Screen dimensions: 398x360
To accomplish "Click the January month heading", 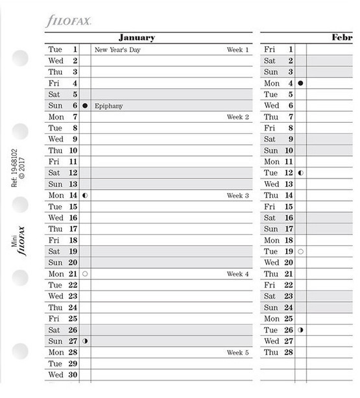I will point(137,38).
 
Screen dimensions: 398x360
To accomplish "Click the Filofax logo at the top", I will point(68,21).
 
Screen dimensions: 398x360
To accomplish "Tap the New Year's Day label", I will point(117,50).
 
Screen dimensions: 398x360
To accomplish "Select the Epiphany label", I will point(108,106).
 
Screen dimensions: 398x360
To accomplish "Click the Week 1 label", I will point(237,50).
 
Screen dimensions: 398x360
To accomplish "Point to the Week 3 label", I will point(237,195).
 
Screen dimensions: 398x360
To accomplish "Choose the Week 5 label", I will point(237,353).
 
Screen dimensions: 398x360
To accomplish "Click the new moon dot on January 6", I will point(85,106).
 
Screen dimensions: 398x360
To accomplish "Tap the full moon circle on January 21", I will point(85,274).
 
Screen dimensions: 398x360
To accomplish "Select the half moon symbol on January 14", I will point(85,195).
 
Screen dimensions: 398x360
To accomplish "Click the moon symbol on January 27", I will point(85,342).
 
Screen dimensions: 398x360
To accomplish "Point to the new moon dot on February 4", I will point(300,84).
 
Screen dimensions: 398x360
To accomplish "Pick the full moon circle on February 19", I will point(300,251).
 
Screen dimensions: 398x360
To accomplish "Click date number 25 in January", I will point(73,319).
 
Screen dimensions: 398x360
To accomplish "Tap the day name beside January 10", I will point(56,151).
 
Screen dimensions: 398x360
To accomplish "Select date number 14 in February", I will point(288,195).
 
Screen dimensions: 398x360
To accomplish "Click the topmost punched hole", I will point(20,58).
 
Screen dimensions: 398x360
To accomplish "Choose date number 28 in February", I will point(288,353).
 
